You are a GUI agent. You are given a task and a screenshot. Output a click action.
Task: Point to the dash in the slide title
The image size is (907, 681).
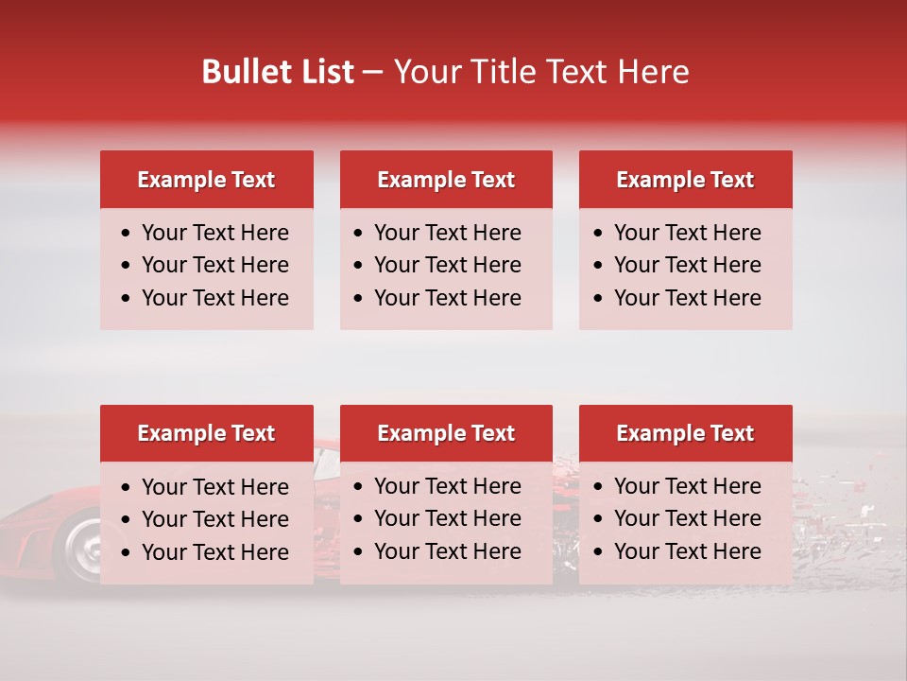372,73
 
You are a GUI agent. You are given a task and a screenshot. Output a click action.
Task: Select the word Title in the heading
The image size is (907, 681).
505,72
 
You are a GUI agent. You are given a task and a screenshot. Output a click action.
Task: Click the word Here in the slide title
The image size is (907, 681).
653,72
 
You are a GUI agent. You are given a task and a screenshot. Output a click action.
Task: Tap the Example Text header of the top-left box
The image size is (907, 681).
206,180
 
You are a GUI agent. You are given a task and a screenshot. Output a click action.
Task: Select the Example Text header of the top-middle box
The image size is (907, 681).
446,180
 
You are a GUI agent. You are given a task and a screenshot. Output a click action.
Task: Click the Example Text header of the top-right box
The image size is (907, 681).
685,180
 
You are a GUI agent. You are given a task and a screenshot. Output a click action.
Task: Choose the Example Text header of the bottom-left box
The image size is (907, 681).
206,433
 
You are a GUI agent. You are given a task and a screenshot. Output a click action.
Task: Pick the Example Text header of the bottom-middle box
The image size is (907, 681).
446,433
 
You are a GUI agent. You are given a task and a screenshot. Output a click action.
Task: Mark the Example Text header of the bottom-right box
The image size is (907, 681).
685,433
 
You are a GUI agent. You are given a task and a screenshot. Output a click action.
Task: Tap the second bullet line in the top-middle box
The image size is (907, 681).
447,265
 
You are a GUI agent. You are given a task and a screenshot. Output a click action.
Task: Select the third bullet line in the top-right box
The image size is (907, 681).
687,298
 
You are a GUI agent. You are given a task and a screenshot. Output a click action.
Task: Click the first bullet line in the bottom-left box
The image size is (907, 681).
214,487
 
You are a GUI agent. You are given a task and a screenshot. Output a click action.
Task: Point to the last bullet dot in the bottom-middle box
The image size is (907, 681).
359,551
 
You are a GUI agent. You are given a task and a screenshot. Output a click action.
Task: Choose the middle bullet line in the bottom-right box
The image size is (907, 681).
687,518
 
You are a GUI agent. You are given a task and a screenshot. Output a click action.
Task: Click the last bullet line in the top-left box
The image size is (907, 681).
214,298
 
